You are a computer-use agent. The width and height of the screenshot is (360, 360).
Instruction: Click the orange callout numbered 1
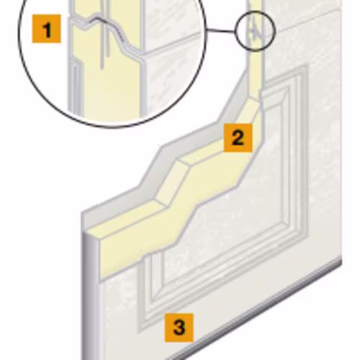point(46,29)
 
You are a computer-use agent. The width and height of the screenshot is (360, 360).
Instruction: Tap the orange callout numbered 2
point(238,138)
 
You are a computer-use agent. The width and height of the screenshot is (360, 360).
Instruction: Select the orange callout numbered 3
point(179,328)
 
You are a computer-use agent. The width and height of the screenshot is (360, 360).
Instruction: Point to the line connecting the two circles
point(220,30)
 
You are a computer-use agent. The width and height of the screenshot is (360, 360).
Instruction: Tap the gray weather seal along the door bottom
point(254,310)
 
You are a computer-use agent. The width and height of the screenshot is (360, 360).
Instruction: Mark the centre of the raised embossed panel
point(223,199)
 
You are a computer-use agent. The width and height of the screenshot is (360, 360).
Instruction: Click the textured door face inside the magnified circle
point(171,72)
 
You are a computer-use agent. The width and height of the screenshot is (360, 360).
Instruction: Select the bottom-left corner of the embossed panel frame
point(138,333)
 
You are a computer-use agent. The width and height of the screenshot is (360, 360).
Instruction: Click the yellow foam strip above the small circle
point(255,5)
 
